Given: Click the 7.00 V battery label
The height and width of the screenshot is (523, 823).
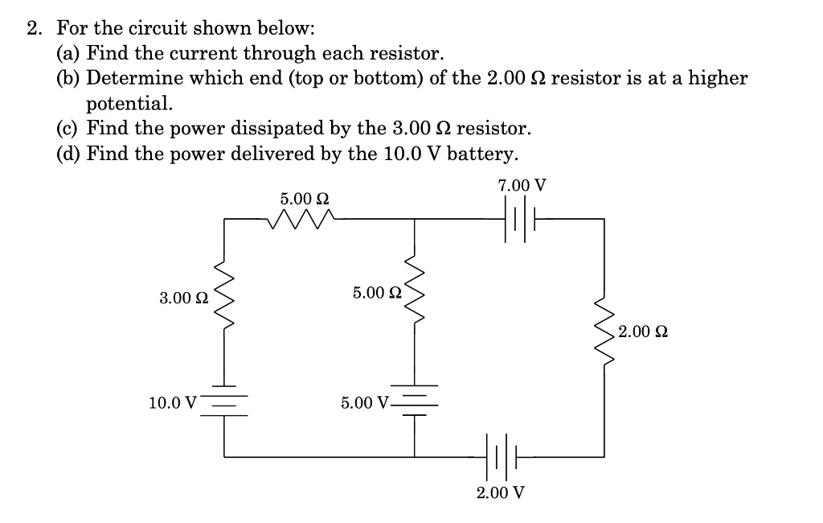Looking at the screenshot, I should (x=522, y=186).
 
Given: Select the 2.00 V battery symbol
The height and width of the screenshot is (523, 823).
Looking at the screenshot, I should (x=502, y=457).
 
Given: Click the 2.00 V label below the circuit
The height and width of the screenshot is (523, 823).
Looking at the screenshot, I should (x=500, y=492).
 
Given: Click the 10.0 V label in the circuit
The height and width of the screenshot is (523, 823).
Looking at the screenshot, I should (x=172, y=402).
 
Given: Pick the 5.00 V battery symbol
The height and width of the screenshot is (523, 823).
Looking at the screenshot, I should (x=415, y=400).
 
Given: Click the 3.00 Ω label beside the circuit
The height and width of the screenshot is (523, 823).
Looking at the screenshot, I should (x=184, y=299).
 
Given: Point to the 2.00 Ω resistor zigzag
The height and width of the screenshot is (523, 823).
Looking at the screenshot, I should (x=604, y=330).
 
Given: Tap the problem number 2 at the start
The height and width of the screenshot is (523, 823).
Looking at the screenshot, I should (x=33, y=30).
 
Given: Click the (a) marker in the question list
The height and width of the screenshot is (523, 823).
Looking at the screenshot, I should (x=68, y=54).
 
